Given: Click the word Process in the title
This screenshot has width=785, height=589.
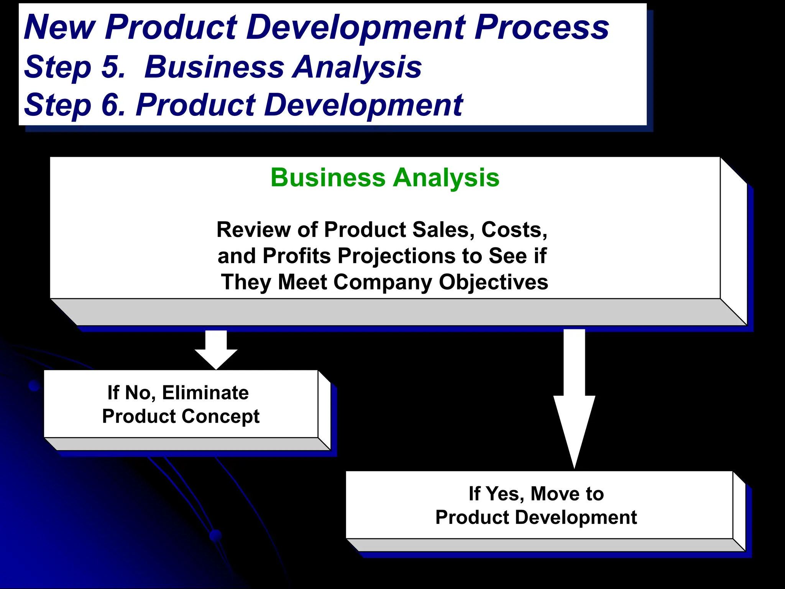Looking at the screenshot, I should click(x=542, y=28).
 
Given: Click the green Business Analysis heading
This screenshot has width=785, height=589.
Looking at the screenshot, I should click(x=385, y=178).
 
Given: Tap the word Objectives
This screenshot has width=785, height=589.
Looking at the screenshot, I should click(x=493, y=282).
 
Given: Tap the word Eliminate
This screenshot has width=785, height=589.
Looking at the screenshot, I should click(x=205, y=393).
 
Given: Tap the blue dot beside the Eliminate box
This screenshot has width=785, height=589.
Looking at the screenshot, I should click(x=34, y=386).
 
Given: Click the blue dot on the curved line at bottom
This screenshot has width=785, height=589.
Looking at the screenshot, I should click(x=216, y=535).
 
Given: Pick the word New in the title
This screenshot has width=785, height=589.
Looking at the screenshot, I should click(x=59, y=28).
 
